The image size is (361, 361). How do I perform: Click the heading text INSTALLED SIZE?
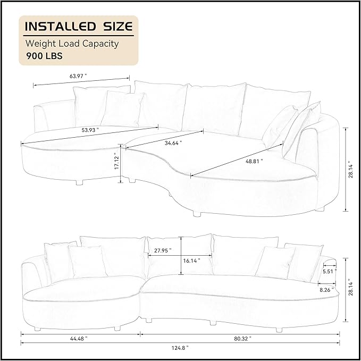(79, 26)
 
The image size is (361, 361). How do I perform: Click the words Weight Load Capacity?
(71, 44)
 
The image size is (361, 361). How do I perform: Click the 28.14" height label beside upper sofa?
(349, 169)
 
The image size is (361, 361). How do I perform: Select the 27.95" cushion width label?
(163, 251)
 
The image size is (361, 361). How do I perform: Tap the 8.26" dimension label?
(328, 290)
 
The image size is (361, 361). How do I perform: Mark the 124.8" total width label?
(180, 348)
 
